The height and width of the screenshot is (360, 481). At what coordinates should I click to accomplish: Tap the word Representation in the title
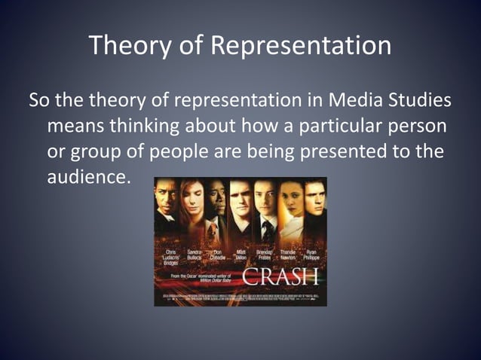(299, 45)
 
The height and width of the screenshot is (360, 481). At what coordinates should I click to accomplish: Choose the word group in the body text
(96, 151)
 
